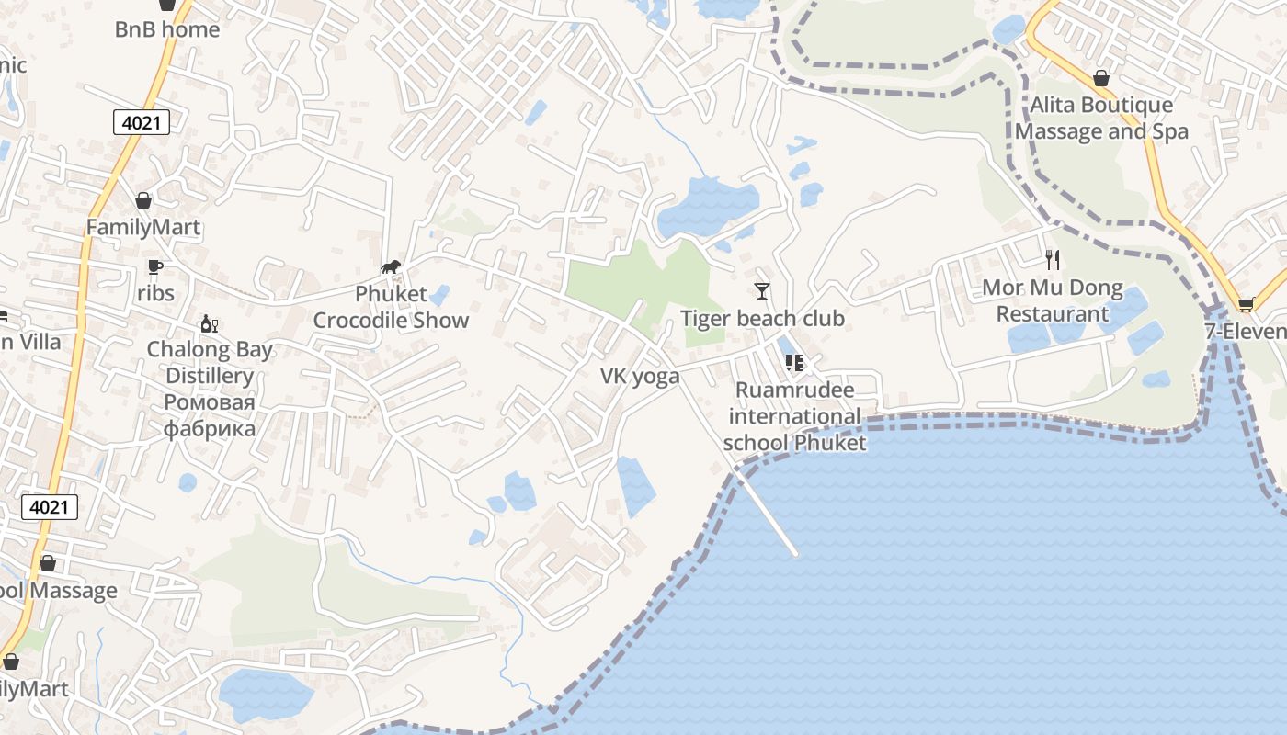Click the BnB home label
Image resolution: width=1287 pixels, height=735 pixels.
tap(166, 29)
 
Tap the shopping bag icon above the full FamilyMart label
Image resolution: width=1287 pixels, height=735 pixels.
tap(143, 200)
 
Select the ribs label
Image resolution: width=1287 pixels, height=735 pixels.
tap(155, 293)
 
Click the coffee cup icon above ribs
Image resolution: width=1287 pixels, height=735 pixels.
tap(155, 267)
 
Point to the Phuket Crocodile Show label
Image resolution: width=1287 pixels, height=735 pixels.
tap(391, 307)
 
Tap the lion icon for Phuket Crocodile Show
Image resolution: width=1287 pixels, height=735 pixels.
tap(391, 267)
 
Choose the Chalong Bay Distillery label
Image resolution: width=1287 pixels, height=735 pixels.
tap(211, 362)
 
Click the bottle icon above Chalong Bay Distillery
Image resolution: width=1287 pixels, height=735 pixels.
tap(210, 323)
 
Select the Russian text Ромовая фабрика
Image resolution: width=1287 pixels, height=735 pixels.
tap(210, 415)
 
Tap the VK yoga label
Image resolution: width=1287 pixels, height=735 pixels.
tap(640, 376)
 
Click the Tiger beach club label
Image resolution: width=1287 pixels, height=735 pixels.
tap(762, 319)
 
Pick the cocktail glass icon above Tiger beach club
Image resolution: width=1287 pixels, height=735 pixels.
tap(762, 291)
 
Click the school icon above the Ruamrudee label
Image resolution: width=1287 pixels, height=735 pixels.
tap(794, 363)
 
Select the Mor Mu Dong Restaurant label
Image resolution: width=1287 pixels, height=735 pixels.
tap(1053, 300)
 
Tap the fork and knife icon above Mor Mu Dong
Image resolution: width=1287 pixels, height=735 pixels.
tap(1053, 260)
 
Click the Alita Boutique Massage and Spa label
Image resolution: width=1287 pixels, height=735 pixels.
tap(1101, 119)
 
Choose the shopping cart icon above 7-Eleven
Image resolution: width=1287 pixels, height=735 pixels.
tap(1247, 304)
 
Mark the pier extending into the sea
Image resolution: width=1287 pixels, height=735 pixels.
tap(768, 514)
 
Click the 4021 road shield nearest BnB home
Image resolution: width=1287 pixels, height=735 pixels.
tap(142, 122)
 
